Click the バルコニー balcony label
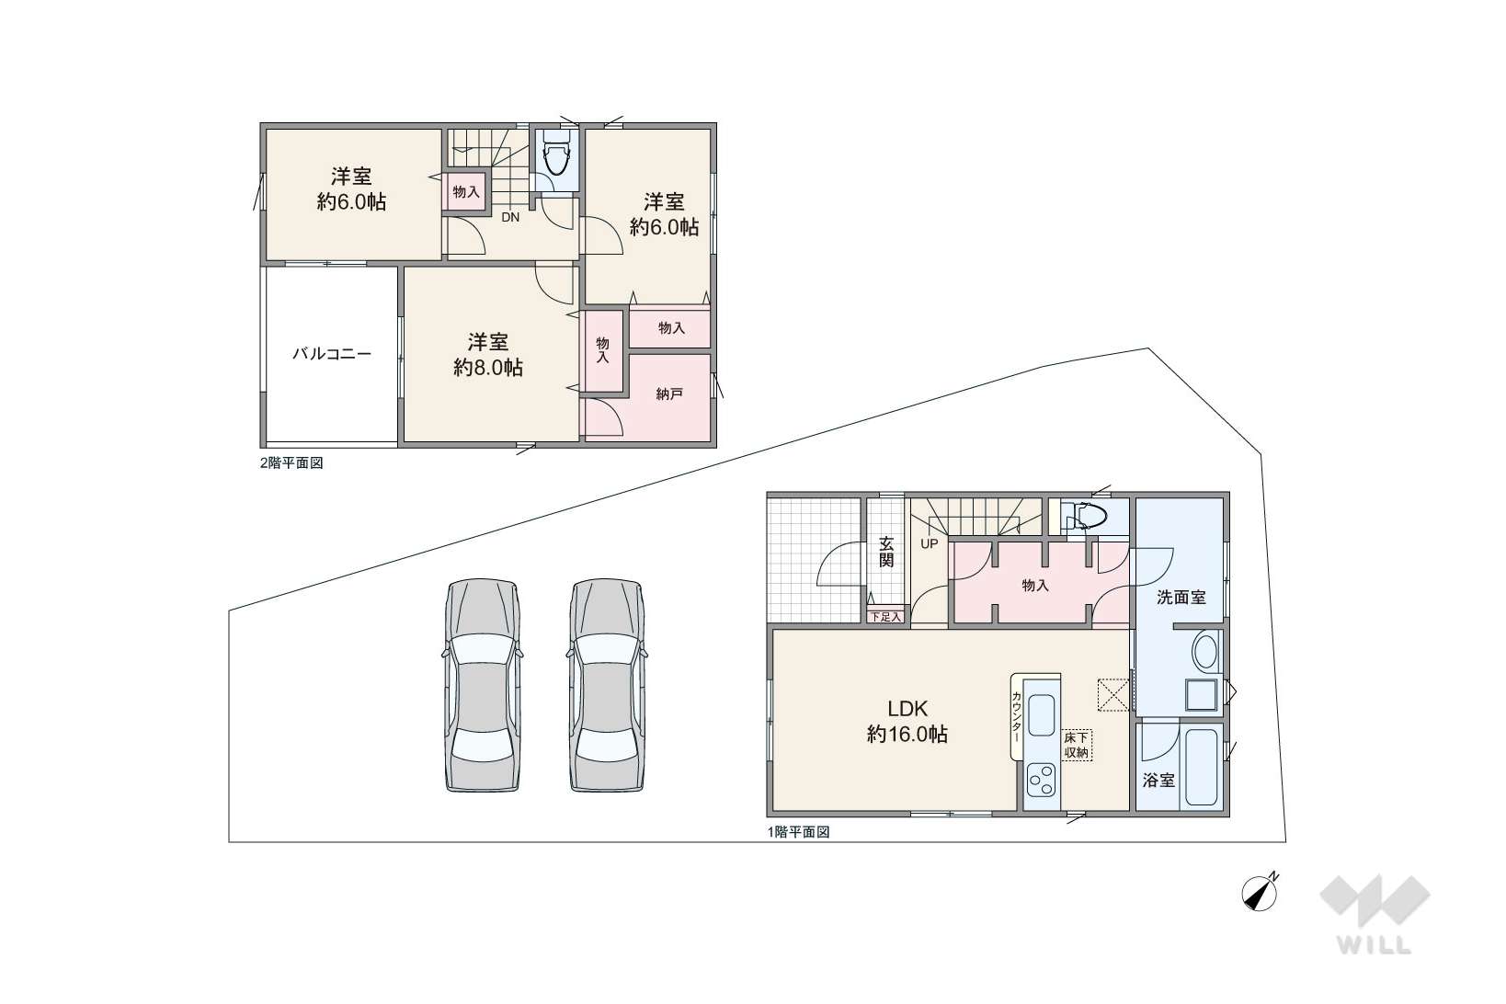tap(332, 354)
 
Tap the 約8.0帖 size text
tap(488, 368)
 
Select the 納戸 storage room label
tap(669, 394)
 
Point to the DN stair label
tap(510, 217)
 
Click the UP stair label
tap(929, 543)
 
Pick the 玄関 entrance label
tap(886, 552)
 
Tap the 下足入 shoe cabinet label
tap(885, 616)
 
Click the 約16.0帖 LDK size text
tap(907, 735)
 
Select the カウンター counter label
tap(1017, 717)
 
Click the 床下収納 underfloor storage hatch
tap(1077, 746)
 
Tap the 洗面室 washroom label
tap(1181, 597)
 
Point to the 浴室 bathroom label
tap(1159, 780)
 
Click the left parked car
tap(483, 685)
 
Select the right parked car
tap(607, 685)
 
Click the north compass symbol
tap(1260, 893)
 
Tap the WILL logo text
tap(1374, 945)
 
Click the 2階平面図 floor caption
tap(291, 463)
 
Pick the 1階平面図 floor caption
tap(799, 832)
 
